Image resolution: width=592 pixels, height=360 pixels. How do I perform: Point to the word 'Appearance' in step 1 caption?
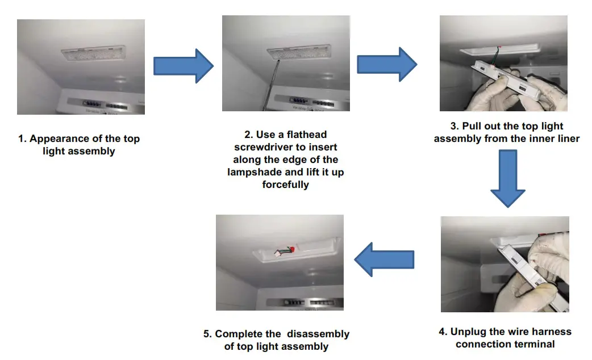click(x=59, y=139)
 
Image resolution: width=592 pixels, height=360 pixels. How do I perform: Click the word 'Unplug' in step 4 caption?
click(x=469, y=332)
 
